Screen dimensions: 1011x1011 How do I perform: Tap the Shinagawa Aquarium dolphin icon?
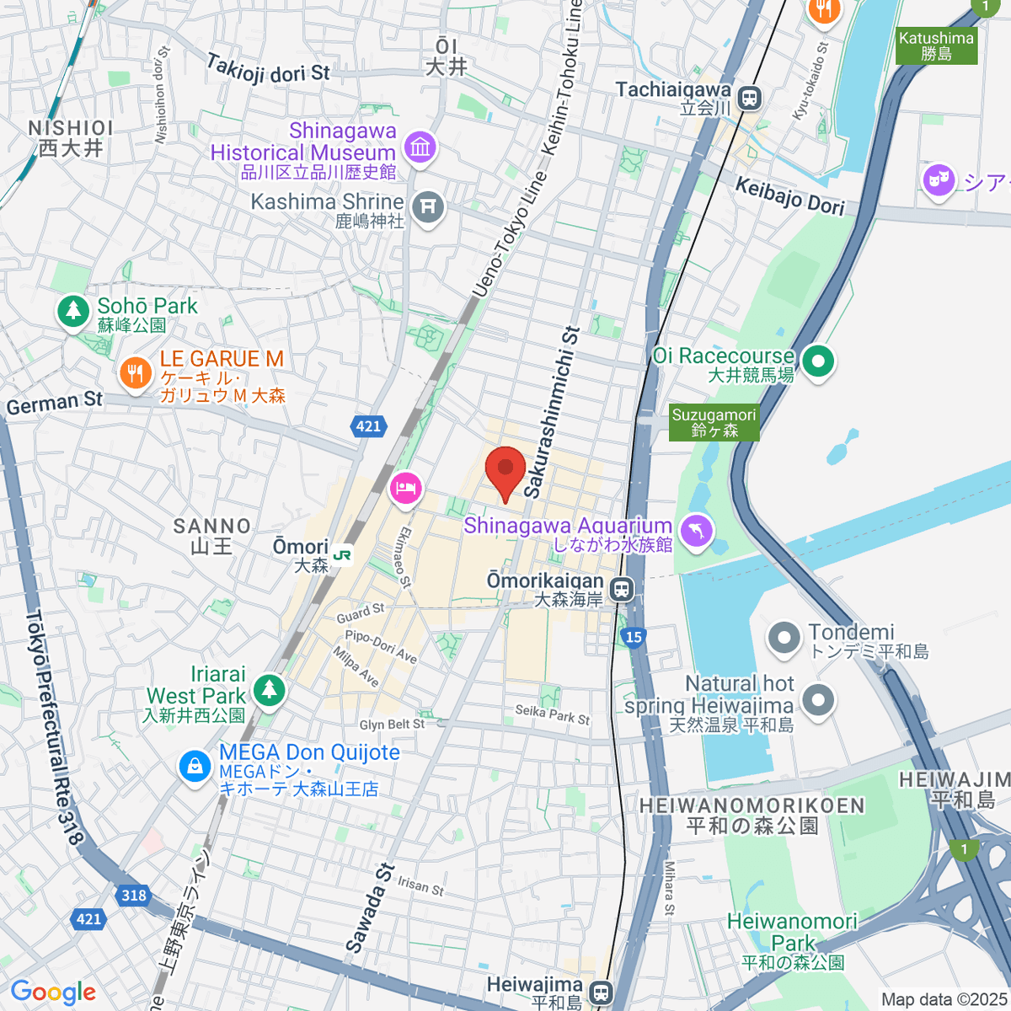pyautogui.click(x=698, y=530)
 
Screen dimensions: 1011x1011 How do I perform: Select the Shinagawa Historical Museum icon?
pyautogui.click(x=420, y=147)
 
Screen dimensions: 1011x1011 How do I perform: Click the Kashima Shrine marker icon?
pyautogui.click(x=428, y=205)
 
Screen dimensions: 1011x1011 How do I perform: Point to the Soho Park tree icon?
pyautogui.click(x=73, y=311)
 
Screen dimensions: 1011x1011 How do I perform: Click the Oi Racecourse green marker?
pyautogui.click(x=817, y=361)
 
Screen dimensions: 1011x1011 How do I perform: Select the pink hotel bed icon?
pyautogui.click(x=405, y=487)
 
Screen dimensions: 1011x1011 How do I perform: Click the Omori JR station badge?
pyautogui.click(x=342, y=555)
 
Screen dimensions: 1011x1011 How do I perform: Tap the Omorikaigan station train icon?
pyautogui.click(x=623, y=589)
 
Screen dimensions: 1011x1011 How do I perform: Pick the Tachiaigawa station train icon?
pyautogui.click(x=748, y=99)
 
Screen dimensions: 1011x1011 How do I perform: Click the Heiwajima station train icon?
pyautogui.click(x=600, y=992)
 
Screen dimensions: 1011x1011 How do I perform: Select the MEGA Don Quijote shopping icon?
pyautogui.click(x=195, y=766)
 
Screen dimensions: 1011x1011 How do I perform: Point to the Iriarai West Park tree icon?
pyautogui.click(x=269, y=689)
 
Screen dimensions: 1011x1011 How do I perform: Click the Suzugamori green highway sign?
pyautogui.click(x=714, y=422)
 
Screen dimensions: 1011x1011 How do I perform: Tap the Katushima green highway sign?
pyautogui.click(x=936, y=45)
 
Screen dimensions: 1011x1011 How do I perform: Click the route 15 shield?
pyautogui.click(x=634, y=637)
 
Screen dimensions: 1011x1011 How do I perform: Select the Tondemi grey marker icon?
pyautogui.click(x=784, y=638)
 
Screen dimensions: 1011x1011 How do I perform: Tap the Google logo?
pyautogui.click(x=53, y=992)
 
